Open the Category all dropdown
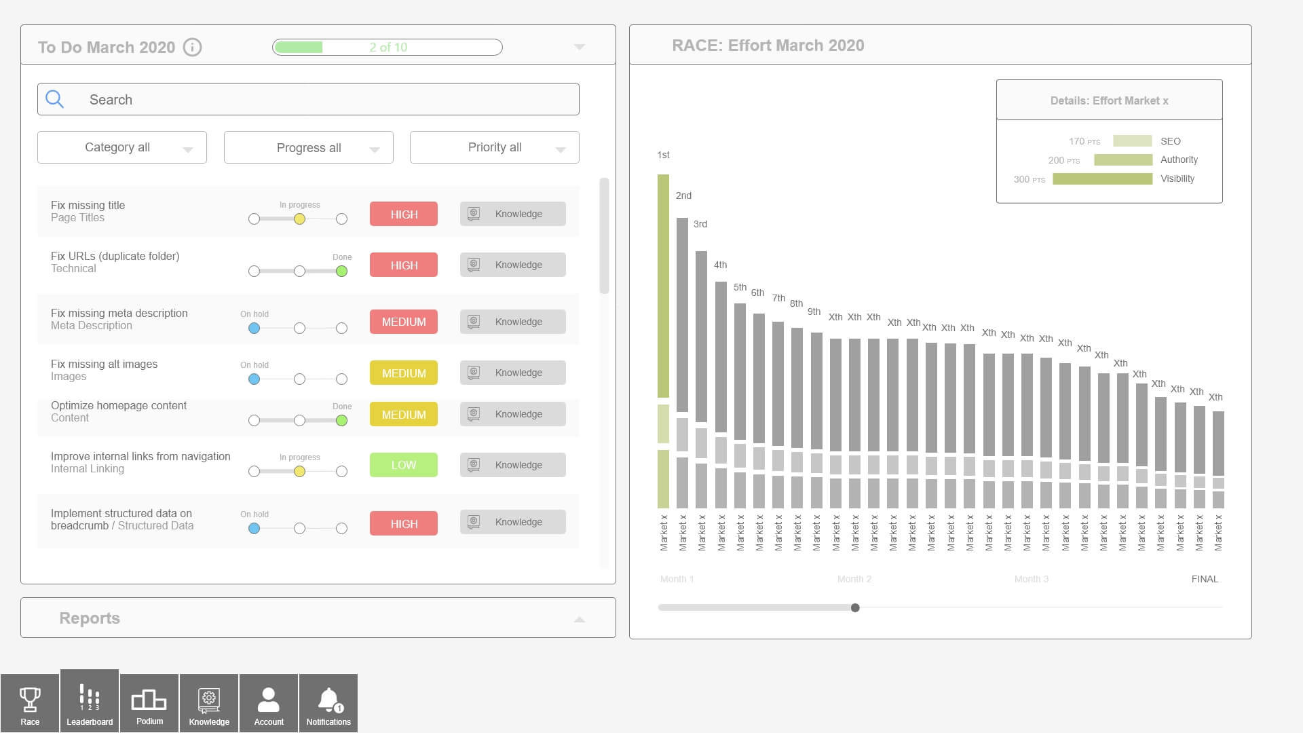pos(122,147)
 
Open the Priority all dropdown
pos(494,147)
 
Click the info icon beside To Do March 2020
pos(193,48)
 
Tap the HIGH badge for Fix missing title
pos(404,214)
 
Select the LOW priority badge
pos(404,465)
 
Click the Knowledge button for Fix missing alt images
pos(512,373)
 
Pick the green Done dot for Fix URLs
pos(342,271)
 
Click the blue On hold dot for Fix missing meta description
pos(254,328)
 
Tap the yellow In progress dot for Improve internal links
pos(299,472)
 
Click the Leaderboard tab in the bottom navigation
pos(90,703)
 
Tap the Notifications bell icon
pos(328,700)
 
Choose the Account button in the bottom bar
pos(269,703)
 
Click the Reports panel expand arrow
pos(580,619)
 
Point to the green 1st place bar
pos(663,285)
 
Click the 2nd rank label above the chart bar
pos(683,195)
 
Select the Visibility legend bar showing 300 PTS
pos(1102,179)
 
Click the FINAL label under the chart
pos(1205,579)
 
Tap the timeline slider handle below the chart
pos(855,607)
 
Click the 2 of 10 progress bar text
pos(388,48)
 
